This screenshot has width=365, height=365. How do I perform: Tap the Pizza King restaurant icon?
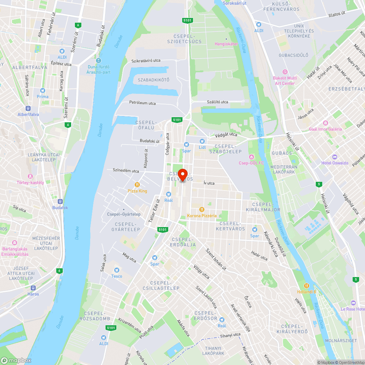click(x=137, y=185)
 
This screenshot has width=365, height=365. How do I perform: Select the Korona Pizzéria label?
click(x=202, y=215)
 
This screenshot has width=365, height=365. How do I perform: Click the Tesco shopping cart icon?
click(x=117, y=270)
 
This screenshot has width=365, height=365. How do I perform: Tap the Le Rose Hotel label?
click(x=353, y=309)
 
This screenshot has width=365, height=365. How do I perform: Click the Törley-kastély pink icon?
click(x=30, y=176)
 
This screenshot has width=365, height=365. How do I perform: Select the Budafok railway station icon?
click(x=60, y=201)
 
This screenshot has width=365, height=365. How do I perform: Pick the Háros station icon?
click(x=33, y=288)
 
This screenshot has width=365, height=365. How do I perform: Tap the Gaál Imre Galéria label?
click(x=326, y=129)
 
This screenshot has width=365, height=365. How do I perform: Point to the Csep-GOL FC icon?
click(x=251, y=157)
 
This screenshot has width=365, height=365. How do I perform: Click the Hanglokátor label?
click(x=226, y=44)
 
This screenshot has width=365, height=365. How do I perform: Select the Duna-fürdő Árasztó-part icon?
click(x=99, y=61)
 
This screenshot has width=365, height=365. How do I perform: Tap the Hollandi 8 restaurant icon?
click(x=307, y=286)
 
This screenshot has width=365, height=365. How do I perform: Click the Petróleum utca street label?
click(x=142, y=103)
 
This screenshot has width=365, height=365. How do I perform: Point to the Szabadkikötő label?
click(x=154, y=80)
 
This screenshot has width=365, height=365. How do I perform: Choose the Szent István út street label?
click(x=216, y=260)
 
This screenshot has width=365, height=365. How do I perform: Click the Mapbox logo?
click(x=16, y=360)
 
